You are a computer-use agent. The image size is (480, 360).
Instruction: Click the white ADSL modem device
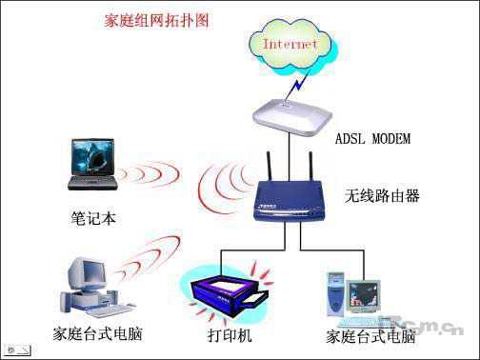tap(291, 115)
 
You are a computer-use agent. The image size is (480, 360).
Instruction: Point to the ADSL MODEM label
tap(372, 140)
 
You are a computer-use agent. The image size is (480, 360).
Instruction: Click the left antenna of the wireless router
tap(268, 169)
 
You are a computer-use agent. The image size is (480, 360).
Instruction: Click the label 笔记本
tap(93, 218)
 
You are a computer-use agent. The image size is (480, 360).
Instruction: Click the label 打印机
tap(230, 335)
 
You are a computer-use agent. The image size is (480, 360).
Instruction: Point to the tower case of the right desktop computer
tap(336, 293)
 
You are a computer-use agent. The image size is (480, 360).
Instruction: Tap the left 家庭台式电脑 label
tap(90, 335)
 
